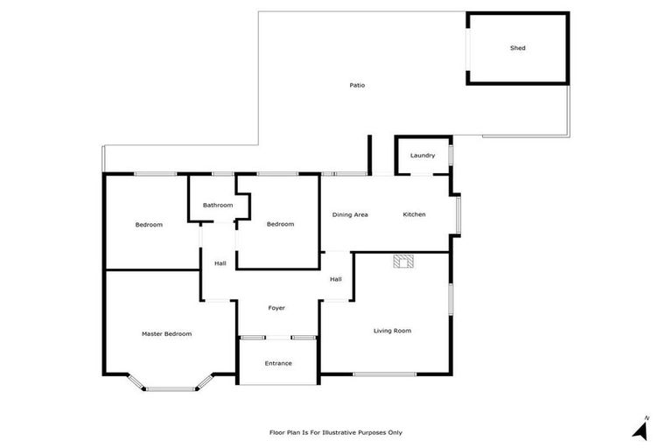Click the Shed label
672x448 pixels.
(518, 48)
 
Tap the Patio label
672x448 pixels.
(357, 85)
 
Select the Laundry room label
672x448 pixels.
(423, 156)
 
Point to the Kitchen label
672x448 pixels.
(414, 214)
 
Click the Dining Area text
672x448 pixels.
(349, 214)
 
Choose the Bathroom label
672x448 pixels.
(218, 205)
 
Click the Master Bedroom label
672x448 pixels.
(166, 333)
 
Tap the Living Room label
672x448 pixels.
(392, 331)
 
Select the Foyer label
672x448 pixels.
(276, 308)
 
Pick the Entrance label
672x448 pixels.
(278, 363)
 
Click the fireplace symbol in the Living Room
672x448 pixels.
(403, 262)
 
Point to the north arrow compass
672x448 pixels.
(640, 429)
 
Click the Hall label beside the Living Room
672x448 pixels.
(335, 279)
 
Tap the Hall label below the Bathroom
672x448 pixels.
(220, 263)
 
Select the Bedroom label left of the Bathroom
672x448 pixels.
(149, 225)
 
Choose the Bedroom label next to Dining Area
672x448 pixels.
(280, 224)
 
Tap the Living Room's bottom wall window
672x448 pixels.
(384, 374)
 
